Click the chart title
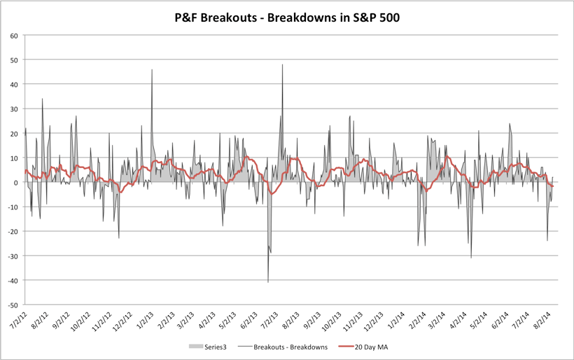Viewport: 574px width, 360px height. point(287,17)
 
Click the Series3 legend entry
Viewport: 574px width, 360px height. point(211,346)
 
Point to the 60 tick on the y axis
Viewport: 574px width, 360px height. point(14,35)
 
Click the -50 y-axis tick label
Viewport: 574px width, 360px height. point(13,305)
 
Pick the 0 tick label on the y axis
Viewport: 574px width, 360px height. point(16,182)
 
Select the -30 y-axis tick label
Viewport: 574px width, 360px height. point(13,256)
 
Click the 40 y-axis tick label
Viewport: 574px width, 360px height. point(14,84)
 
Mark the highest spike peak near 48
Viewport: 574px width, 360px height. point(283,65)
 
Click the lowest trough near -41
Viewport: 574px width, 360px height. point(268,282)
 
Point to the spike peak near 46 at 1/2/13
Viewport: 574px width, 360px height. point(152,70)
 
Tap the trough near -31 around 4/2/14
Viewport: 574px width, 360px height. point(471,258)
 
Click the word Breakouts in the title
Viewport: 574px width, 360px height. point(225,17)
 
